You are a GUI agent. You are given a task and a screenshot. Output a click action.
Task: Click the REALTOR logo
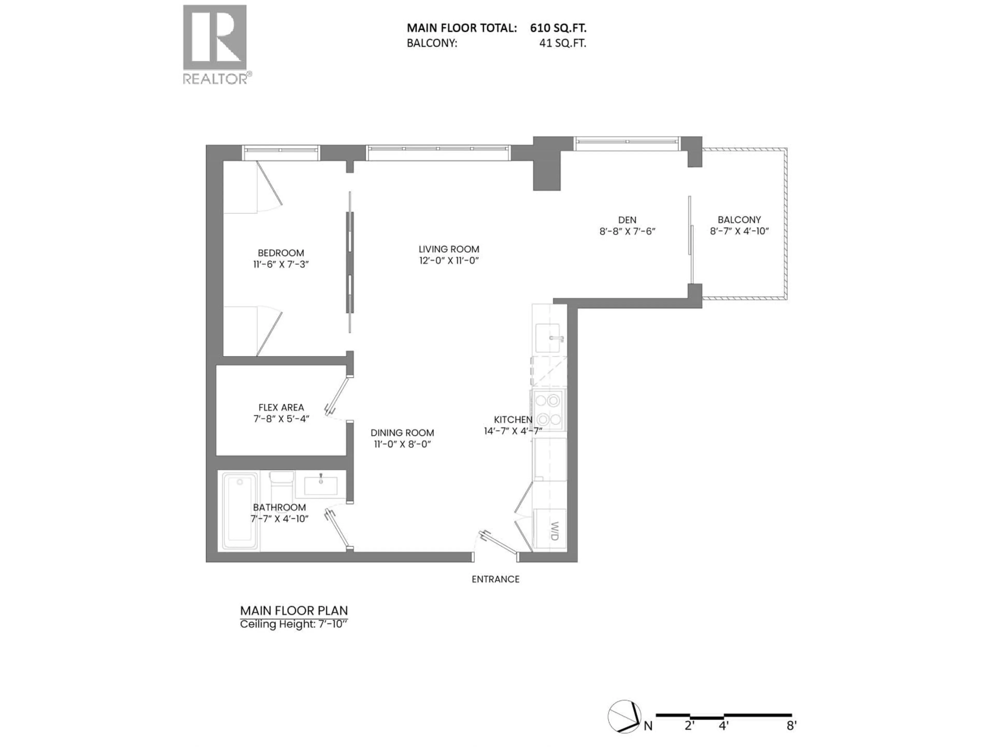(215, 44)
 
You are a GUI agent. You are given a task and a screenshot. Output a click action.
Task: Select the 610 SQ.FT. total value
(558, 28)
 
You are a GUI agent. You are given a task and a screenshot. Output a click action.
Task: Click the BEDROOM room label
(281, 253)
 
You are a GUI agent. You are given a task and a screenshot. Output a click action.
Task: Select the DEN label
(627, 220)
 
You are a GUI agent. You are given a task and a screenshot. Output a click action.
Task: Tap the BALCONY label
(739, 220)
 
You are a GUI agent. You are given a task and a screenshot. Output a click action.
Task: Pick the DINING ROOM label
(402, 433)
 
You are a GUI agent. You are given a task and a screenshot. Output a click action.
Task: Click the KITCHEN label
(513, 419)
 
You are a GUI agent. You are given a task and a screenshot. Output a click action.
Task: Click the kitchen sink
(548, 338)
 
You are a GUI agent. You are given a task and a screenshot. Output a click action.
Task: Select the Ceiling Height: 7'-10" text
(294, 624)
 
